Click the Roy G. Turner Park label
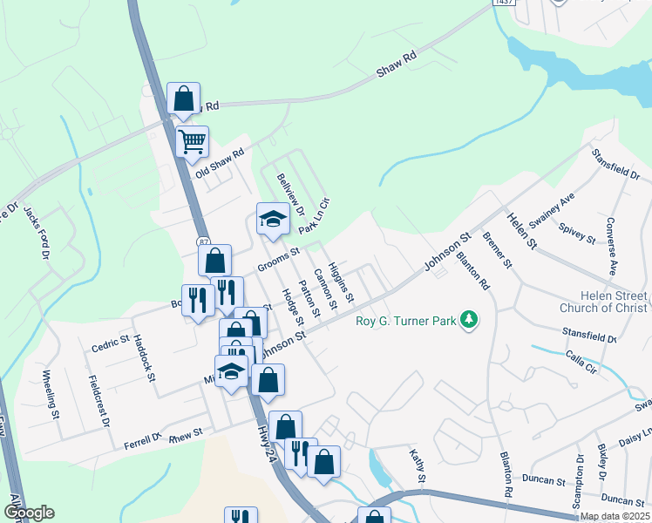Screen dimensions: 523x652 pos(406,321)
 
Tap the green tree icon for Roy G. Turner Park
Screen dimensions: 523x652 pos(470,320)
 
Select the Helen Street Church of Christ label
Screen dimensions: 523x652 pos(604,301)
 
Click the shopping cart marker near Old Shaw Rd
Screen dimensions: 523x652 pos(192,139)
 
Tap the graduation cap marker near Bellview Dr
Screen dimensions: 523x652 pos(272,219)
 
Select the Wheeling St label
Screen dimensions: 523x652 pos(51,395)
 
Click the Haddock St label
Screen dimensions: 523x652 pos(145,361)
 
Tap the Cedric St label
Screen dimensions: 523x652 pos(111,343)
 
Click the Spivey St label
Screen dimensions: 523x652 pos(577,233)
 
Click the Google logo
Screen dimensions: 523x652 pos(29,513)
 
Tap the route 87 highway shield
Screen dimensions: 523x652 pos(202,241)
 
